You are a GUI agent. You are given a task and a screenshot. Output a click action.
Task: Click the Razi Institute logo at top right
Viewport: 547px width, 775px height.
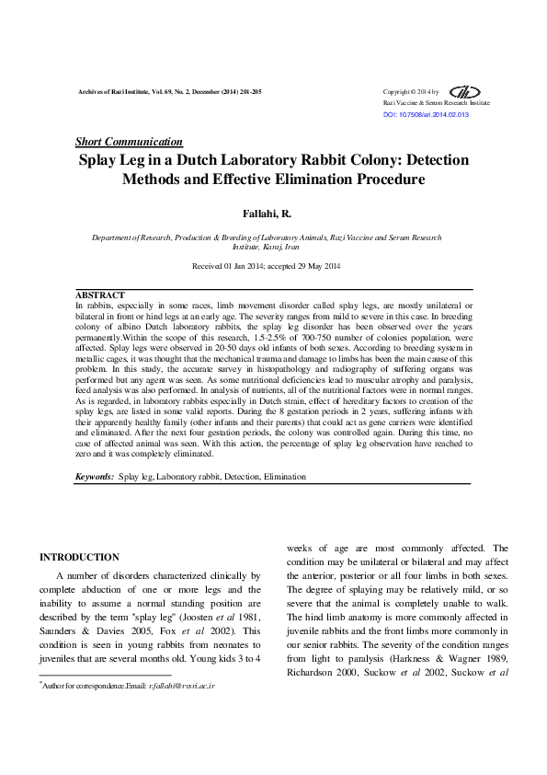(x=468, y=92)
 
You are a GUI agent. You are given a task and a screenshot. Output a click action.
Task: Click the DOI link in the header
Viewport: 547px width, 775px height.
(x=426, y=115)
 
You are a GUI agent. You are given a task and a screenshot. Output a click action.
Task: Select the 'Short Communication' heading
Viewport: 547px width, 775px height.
(x=128, y=142)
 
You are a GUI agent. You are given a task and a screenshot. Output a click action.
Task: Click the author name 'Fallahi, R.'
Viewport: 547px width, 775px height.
(x=273, y=214)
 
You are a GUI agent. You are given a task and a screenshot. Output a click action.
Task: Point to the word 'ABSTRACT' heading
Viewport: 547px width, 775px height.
(x=100, y=295)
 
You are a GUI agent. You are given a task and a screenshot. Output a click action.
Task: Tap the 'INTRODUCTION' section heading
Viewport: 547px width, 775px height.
(x=79, y=557)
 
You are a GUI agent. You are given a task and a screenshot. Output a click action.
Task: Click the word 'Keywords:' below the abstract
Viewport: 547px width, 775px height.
(x=95, y=477)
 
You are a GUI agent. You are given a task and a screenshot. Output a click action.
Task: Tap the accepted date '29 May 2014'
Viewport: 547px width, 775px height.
(x=316, y=266)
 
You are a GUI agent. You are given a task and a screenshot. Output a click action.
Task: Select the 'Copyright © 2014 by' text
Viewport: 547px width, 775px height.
(x=410, y=92)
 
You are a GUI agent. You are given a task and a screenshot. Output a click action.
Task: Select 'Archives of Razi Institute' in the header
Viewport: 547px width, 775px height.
(x=108, y=93)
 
